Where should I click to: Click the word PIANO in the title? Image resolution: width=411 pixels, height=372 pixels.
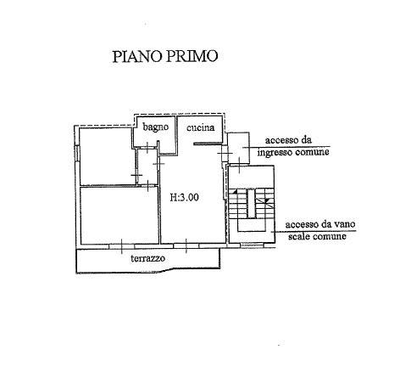[136, 56]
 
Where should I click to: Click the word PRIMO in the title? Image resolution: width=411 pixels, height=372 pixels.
[192, 56]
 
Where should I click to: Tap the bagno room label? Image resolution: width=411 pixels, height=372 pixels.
[156, 127]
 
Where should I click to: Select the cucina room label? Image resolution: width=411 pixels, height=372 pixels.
[201, 127]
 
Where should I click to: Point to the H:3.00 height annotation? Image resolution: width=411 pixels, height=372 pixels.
[185, 197]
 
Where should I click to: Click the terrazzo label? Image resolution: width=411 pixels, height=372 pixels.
[148, 258]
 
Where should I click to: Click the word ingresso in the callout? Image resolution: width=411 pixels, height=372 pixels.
[275, 153]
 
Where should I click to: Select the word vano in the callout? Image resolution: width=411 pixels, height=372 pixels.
[344, 224]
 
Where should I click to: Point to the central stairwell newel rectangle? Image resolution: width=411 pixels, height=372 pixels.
[251, 203]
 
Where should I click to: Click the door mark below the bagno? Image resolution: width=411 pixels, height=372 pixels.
[148, 147]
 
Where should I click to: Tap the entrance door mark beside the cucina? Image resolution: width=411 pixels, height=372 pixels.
[225, 153]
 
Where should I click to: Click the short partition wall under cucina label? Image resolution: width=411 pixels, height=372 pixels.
[208, 144]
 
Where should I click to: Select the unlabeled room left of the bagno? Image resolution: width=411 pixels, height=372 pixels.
[106, 156]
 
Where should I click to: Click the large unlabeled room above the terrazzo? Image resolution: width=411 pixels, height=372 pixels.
[119, 215]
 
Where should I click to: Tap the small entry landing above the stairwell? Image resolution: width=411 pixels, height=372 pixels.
[239, 148]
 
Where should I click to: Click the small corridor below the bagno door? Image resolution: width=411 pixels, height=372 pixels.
[147, 167]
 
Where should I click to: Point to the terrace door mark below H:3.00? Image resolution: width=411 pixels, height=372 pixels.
[186, 245]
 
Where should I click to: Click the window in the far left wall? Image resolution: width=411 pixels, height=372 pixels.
[76, 154]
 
